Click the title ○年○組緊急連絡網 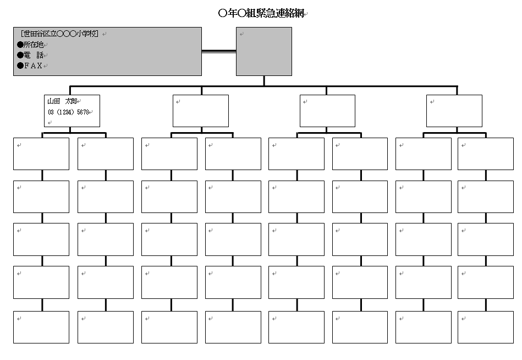[261, 13]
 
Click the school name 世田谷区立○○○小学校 [59, 34]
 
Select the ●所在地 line [30, 44]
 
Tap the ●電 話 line [30, 55]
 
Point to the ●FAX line [30, 66]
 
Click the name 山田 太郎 [62, 101]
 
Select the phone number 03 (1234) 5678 [69, 112]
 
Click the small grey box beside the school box [264, 52]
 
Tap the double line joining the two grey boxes [219, 51]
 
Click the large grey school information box [107, 52]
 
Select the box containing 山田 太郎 [72, 111]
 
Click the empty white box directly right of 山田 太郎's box [201, 111]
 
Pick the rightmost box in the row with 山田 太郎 [454, 111]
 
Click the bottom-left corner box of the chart [41, 327]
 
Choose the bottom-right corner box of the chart [486, 327]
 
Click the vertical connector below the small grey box [264, 81]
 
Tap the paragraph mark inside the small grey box [241, 34]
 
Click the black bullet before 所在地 [20, 45]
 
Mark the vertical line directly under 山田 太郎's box [70, 130]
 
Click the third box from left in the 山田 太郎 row [328, 111]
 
